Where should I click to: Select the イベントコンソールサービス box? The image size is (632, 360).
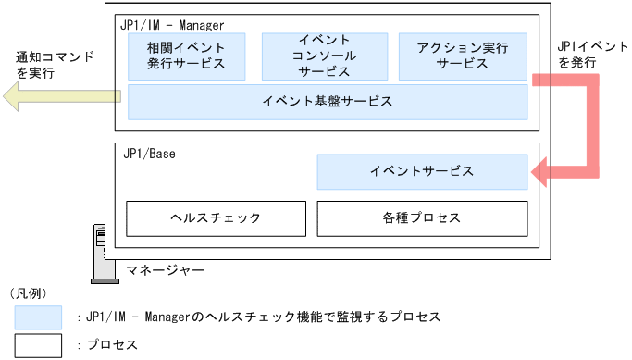324,56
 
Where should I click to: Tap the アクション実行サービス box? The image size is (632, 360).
462,56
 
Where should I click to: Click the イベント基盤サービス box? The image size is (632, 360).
328,101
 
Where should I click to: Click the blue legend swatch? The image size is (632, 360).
38,317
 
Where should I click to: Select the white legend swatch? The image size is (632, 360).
38,345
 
